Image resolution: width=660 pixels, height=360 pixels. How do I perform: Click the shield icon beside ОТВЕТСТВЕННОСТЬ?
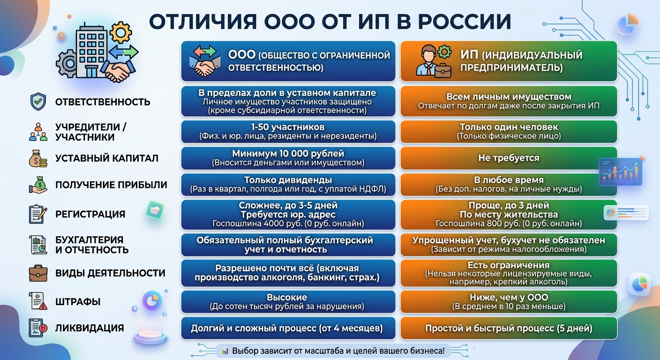coord(38,102)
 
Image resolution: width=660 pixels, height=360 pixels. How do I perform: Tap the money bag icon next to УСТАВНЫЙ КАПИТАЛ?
coord(38,158)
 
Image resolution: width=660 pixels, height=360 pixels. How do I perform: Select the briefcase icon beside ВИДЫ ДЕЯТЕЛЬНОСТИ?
coord(38,273)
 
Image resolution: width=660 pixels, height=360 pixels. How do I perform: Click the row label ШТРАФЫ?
coord(78,302)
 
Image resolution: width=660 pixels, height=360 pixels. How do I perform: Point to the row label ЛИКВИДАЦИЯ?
coord(90,328)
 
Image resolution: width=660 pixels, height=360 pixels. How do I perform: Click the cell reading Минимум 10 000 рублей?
coord(288,158)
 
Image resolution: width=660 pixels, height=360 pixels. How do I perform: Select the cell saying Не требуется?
coord(509,158)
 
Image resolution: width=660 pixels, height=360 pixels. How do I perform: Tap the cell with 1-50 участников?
coord(288,132)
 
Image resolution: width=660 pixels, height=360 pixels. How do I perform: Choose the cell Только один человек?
coord(509,132)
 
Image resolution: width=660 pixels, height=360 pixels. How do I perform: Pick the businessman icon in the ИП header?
coord(434,61)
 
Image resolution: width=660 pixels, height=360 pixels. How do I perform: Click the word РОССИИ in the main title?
coord(465,22)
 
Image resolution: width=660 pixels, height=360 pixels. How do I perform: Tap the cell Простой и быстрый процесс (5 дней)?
coord(509,328)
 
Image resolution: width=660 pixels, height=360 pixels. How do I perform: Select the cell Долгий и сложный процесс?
coord(288,328)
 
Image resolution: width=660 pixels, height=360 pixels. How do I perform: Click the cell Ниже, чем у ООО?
coord(509,302)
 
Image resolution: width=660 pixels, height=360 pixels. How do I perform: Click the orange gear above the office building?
coord(120,32)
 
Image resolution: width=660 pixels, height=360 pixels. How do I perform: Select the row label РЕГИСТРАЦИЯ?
coord(90,214)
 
